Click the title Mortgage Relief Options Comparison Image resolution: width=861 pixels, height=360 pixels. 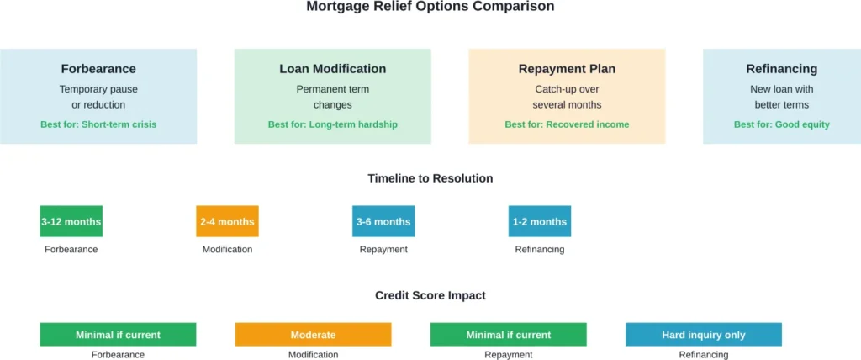coord(430,7)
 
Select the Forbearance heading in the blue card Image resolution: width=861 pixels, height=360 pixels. coord(98,69)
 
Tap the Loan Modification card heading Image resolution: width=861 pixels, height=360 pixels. coord(332,69)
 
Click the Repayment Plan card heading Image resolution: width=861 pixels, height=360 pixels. coord(567,69)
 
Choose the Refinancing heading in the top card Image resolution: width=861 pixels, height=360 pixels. coord(781,69)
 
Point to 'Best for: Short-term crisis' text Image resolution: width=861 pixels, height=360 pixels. coord(98,124)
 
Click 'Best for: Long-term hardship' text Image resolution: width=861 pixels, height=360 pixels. coord(332,124)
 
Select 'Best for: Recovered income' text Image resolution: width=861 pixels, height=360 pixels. coord(567,124)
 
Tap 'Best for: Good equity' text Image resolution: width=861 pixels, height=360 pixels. coord(781,124)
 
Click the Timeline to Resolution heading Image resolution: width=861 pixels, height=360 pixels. coord(430,178)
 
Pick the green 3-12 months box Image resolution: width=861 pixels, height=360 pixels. coord(71,221)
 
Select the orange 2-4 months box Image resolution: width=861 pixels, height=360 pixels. coord(227,221)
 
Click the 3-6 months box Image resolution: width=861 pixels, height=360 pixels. coord(383,221)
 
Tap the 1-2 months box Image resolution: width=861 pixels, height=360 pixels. coord(539,221)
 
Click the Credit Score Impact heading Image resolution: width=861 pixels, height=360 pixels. coord(430,295)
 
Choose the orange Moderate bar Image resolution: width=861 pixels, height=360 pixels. coord(313,335)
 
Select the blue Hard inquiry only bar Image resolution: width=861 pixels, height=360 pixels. coord(703,335)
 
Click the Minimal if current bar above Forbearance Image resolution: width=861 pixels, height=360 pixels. coord(118,335)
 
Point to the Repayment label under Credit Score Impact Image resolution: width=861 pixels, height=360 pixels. coord(508,355)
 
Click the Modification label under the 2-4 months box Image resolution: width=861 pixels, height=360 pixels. coord(227,250)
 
